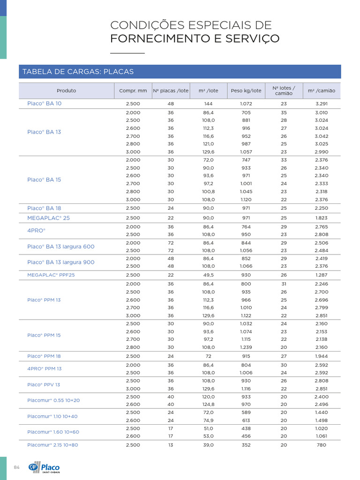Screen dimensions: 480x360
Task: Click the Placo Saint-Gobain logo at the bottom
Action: coord(44,467)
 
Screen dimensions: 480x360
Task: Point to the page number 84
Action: coord(17,467)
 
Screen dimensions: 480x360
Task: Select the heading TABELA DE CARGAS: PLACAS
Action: coord(78,72)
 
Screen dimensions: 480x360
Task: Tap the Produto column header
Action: coord(66,90)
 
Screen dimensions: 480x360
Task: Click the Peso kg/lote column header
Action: coord(246,90)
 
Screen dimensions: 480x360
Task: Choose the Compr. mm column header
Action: coord(133,90)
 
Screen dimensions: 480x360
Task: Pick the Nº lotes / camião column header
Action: coord(284,90)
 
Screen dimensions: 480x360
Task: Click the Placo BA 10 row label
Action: coord(44,104)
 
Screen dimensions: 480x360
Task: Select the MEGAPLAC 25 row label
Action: coord(48,218)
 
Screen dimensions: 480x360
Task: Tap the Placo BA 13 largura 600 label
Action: coord(61,247)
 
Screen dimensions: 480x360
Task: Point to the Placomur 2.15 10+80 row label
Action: coord(53,445)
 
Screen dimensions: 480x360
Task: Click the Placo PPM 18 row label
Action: coord(44,356)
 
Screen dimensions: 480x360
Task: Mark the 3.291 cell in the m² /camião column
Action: coord(322,104)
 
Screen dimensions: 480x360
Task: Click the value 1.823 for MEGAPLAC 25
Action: coord(322,218)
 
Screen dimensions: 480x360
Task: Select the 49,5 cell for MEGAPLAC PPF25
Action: coord(209,275)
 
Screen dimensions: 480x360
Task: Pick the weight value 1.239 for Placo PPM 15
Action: coord(246,347)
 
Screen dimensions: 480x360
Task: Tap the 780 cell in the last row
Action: coord(322,445)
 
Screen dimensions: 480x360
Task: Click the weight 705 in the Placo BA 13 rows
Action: coord(246,112)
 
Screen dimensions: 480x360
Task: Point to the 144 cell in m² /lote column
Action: coord(209,104)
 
